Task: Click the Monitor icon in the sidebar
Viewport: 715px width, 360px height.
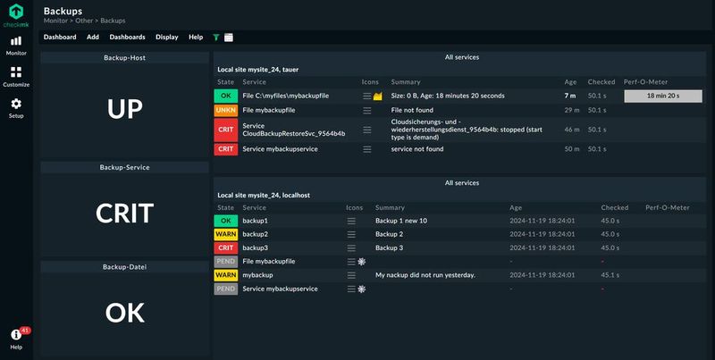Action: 16,41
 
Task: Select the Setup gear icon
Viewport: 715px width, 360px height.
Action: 16,104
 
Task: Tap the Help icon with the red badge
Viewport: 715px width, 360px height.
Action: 16,335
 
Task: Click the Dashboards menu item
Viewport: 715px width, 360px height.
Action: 127,38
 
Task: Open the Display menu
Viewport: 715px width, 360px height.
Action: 166,38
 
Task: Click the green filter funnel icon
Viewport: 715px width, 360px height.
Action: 216,38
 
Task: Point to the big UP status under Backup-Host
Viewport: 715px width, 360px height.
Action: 124,109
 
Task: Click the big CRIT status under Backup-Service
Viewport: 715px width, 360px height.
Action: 124,213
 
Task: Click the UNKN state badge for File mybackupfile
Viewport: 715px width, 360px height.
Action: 226,110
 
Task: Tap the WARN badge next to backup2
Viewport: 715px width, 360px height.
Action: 226,234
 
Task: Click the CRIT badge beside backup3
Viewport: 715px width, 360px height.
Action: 226,247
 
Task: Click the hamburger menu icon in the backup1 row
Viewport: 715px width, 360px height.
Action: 351,221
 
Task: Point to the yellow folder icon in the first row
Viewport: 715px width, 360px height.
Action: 377,95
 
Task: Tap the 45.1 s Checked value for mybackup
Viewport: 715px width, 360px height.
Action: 610,275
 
